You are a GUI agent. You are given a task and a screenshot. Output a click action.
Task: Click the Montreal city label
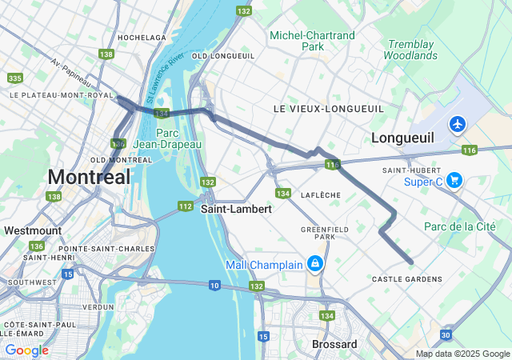89,177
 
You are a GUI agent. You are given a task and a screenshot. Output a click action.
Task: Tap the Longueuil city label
402,138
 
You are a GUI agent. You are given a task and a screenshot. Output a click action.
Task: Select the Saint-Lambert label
236,208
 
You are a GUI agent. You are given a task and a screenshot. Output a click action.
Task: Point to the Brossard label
334,344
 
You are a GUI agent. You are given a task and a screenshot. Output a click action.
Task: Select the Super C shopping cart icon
454,180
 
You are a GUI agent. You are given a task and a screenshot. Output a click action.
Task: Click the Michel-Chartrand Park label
312,41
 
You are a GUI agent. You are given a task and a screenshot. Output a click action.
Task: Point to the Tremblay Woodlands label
410,50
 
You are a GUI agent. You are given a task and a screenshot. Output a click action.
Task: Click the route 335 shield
14,78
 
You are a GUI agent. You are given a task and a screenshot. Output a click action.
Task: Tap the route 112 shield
186,206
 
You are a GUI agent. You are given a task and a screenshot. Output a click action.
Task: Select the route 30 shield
445,334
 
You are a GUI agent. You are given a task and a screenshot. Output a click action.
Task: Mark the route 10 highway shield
214,285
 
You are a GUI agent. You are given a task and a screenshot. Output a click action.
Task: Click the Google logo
26,350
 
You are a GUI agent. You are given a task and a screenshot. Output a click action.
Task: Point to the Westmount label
33,230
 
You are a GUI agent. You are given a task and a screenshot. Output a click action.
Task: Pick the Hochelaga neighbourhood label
142,38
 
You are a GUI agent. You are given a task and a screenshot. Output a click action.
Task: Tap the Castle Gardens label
406,279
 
